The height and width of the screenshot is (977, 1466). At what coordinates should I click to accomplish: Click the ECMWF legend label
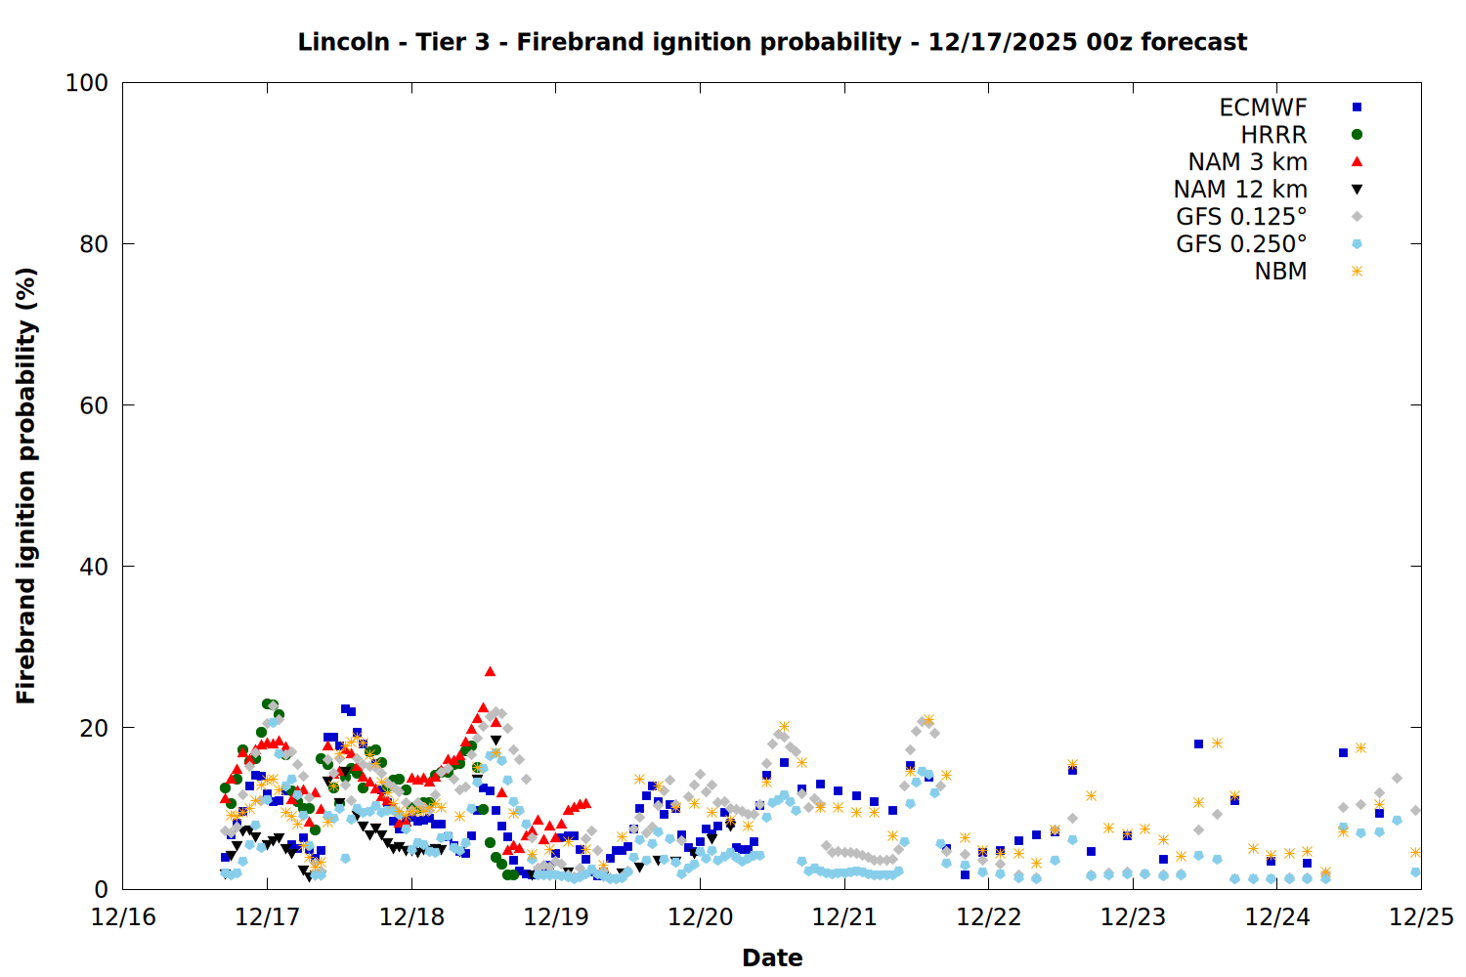(1263, 107)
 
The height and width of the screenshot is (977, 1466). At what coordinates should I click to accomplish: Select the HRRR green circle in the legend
(1357, 135)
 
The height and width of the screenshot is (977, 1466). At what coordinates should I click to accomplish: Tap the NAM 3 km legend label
(1247, 162)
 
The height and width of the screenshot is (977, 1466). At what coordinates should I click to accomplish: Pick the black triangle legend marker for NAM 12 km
(1357, 190)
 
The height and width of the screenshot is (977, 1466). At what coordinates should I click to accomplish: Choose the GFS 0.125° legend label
(1241, 217)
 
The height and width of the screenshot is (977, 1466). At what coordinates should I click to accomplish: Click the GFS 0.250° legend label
(1241, 244)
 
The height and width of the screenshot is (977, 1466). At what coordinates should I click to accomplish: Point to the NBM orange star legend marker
(1357, 272)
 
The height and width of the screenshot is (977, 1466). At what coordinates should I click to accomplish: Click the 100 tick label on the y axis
(87, 83)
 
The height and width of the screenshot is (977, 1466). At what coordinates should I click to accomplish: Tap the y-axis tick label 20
(94, 728)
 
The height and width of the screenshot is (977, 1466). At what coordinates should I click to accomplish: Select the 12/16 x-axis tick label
(123, 917)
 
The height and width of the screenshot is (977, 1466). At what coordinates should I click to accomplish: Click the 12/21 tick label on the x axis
(844, 917)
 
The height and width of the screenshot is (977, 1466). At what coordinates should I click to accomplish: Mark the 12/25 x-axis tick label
(1421, 917)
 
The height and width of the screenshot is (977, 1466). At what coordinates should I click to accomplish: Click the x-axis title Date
(772, 957)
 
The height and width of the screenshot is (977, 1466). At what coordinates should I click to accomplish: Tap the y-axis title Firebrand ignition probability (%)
(26, 486)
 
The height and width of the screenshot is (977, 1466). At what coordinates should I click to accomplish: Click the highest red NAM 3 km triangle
(490, 671)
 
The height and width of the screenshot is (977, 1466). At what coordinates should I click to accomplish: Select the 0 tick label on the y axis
(101, 889)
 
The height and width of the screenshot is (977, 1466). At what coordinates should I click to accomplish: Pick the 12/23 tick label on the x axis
(1133, 917)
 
